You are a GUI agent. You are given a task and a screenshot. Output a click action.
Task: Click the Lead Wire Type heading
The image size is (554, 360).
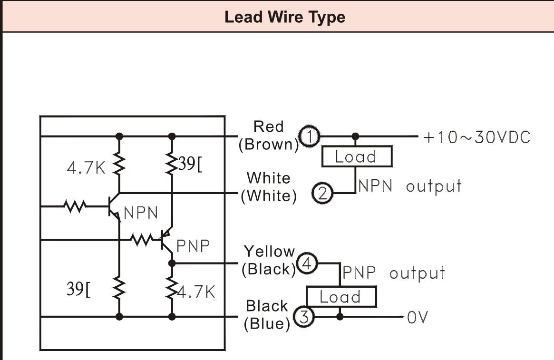pyautogui.click(x=285, y=18)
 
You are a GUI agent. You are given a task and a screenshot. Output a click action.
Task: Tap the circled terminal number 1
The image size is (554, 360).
pyautogui.click(x=310, y=137)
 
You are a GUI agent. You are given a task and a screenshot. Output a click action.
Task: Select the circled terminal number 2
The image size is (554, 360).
pyautogui.click(x=323, y=194)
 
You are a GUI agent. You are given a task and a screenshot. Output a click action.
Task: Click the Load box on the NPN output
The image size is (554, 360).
pyautogui.click(x=356, y=156)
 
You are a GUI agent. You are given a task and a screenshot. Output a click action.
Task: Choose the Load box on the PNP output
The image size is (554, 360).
pyautogui.click(x=340, y=297)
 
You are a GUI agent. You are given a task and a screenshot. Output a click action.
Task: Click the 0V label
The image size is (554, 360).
pyautogui.click(x=418, y=317)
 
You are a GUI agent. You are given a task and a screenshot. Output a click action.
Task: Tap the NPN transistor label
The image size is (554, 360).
pyautogui.click(x=141, y=213)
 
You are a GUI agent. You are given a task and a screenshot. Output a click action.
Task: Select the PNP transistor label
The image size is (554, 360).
pyautogui.click(x=193, y=246)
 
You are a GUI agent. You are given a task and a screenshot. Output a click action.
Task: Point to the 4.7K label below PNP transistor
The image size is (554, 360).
pyautogui.click(x=196, y=292)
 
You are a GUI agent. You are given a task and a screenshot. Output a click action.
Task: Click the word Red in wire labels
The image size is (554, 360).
pyautogui.click(x=268, y=126)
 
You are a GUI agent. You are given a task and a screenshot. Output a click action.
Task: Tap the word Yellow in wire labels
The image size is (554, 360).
pyautogui.click(x=269, y=251)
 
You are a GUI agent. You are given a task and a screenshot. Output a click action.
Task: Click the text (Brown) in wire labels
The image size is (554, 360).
pyautogui.click(x=268, y=145)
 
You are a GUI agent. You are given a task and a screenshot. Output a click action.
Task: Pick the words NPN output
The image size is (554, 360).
pyautogui.click(x=409, y=186)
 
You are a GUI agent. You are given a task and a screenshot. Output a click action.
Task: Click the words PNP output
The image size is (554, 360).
pyautogui.click(x=394, y=273)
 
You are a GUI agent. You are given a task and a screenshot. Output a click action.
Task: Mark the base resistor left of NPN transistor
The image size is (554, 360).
pyautogui.click(x=75, y=206)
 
